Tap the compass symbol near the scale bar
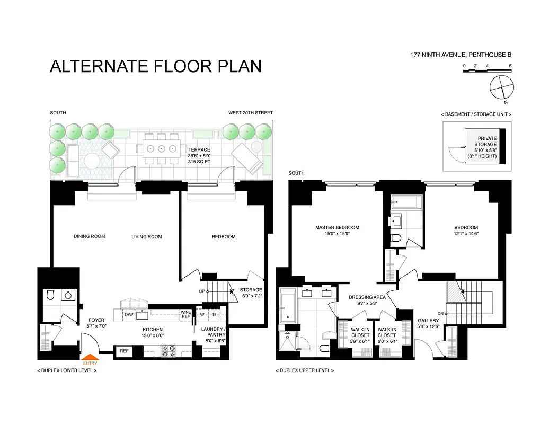pyautogui.click(x=501, y=87)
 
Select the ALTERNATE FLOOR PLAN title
pyautogui.click(x=155, y=66)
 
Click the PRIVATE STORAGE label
pyautogui.click(x=486, y=141)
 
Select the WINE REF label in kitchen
pyautogui.click(x=185, y=314)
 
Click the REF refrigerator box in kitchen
pyautogui.click(x=124, y=351)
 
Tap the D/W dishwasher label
pyautogui.click(x=129, y=315)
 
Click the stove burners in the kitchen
pyautogui.click(x=168, y=350)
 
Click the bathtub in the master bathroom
pyautogui.click(x=287, y=308)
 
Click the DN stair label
pyautogui.click(x=440, y=313)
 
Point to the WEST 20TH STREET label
pyautogui.click(x=250, y=113)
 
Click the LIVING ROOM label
pyautogui.click(x=147, y=237)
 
